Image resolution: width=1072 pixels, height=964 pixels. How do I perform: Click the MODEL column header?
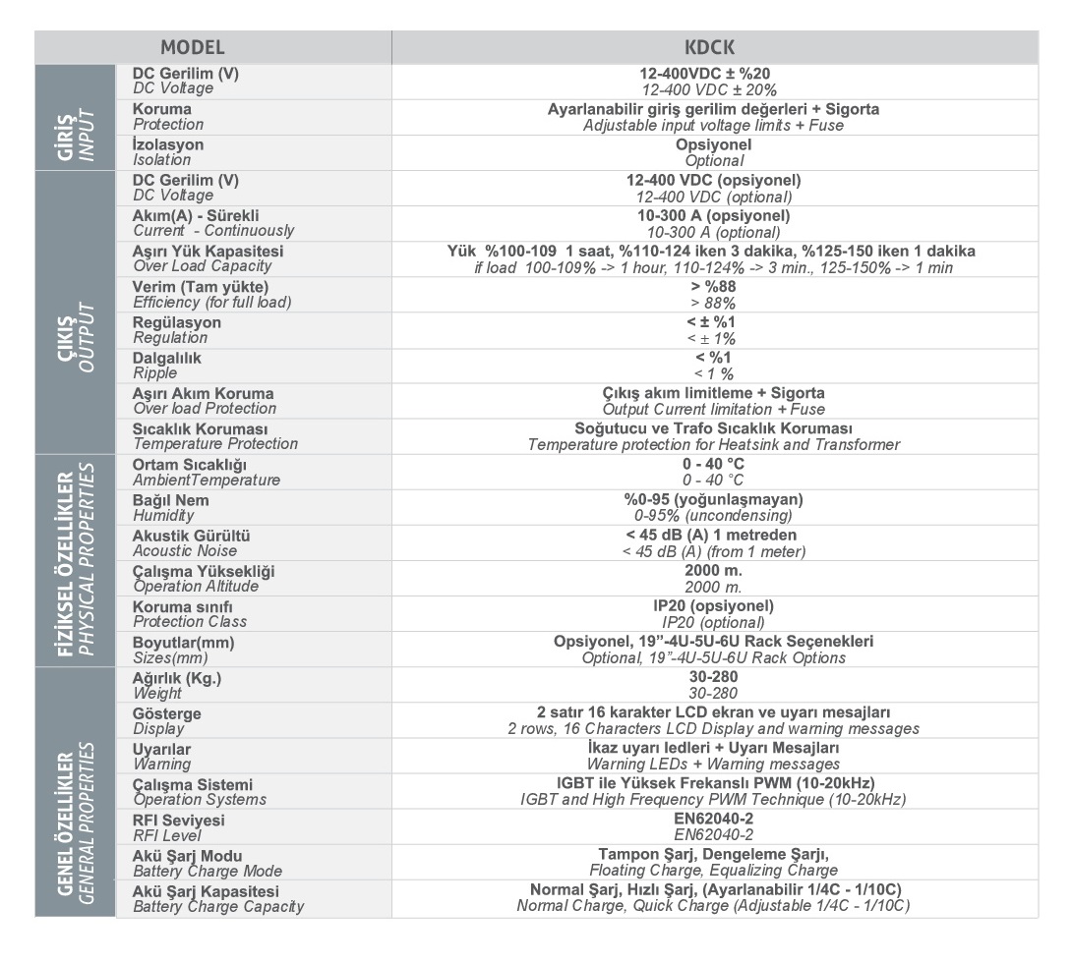[x=193, y=47]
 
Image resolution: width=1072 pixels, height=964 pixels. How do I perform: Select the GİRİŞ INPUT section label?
[x=75, y=117]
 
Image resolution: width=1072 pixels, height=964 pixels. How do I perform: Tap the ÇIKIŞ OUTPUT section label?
[x=75, y=312]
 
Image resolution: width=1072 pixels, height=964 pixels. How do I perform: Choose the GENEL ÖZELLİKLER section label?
[x=75, y=792]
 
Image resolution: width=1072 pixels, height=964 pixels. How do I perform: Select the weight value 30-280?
[x=714, y=685]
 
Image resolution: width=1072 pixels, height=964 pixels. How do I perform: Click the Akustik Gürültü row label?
[x=191, y=542]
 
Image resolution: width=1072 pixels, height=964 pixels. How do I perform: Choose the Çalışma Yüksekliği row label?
[x=203, y=578]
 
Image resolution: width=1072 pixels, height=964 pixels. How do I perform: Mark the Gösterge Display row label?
[x=167, y=720]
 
